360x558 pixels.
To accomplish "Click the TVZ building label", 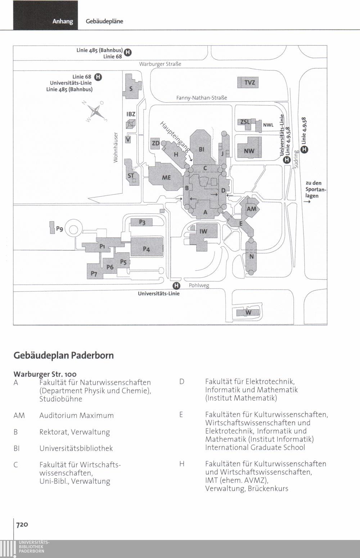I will point(249,83).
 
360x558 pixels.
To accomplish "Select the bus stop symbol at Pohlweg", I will point(176,286).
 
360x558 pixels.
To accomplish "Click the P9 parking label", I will point(59,229).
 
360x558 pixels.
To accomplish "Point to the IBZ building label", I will point(131,114).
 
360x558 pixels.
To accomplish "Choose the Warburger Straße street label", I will point(160,64).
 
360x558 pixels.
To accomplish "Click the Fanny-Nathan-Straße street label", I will point(202,98).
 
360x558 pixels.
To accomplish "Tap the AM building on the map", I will point(251,209).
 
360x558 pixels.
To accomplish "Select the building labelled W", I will point(248,312).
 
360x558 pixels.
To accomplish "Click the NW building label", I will point(249,151).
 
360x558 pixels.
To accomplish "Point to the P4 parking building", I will point(146,249).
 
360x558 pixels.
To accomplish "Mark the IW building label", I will point(203,231).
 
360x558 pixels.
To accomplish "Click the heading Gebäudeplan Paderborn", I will point(63,356).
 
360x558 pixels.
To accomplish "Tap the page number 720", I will point(22,524).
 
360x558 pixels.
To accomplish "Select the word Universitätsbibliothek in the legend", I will point(76,448).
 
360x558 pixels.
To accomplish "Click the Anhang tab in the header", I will point(63,21).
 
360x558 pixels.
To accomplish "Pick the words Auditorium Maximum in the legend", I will point(76,415).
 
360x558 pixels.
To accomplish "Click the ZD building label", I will point(156,143).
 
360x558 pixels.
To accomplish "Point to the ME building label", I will point(166,178).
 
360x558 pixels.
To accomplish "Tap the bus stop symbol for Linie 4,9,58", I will point(305,149).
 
